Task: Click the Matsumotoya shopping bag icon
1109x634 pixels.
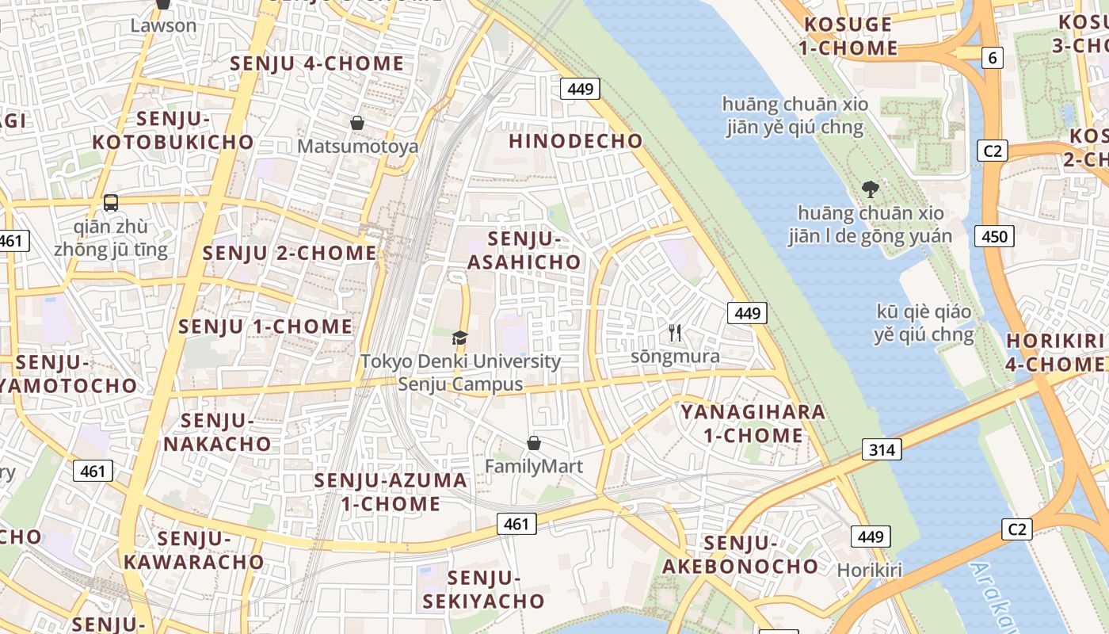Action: coord(357,123)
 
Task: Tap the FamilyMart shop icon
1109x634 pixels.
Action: coord(534,442)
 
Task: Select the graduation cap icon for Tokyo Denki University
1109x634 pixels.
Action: coord(460,338)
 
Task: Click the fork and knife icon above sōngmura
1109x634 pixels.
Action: coord(675,333)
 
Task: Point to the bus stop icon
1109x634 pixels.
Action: coord(111,202)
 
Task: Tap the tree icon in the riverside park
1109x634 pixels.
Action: coord(871,189)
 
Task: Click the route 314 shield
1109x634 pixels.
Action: coord(881,450)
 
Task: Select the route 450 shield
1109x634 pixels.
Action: coord(994,235)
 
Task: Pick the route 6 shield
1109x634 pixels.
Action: coord(992,57)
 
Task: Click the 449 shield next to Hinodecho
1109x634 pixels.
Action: coord(580,89)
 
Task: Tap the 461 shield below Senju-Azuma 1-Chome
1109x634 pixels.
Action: coord(516,524)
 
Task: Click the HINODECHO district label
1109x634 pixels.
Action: coord(576,141)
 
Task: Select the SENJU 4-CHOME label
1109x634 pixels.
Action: coord(317,63)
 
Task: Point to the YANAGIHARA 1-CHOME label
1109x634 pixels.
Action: coord(753,423)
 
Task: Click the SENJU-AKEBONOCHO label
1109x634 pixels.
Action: coord(740,555)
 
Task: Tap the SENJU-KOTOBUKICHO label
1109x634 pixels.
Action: coord(173,131)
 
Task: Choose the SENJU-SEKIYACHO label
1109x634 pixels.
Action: coord(484,590)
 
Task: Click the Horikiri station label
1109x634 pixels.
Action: coord(869,570)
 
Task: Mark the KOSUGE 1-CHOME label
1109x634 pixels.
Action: coord(848,36)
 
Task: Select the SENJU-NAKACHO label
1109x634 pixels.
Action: coord(217,432)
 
